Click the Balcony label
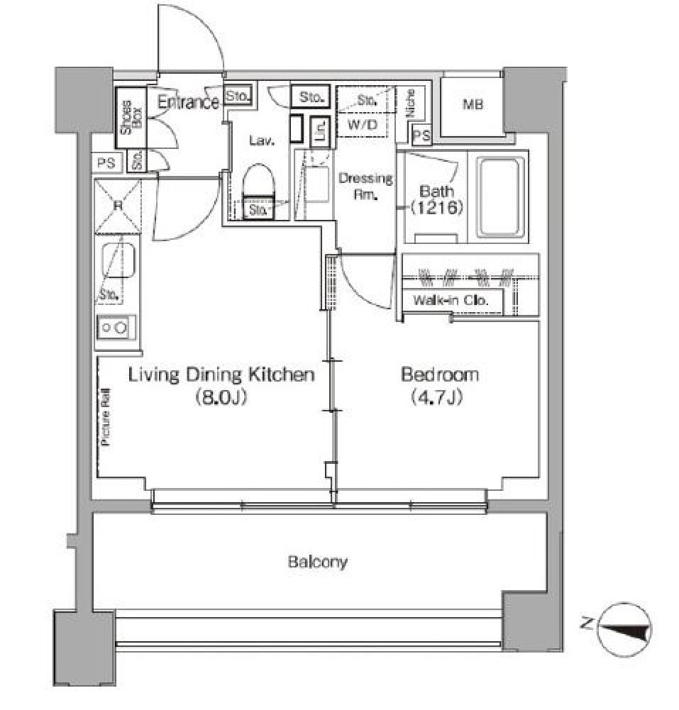pos(318,562)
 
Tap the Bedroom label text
pos(440,375)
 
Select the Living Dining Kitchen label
pos(221,375)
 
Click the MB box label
pos(473,104)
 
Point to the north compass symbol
pos(624,629)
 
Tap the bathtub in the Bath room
pos(501,197)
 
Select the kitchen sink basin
pos(118,260)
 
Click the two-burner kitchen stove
pos(116,328)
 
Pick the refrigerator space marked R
pos(118,206)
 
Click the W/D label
pos(363,125)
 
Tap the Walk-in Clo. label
pos(451,300)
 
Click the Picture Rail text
pos(106,417)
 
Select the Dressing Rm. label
pos(365,186)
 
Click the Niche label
pos(410,104)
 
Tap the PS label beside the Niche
pos(421,135)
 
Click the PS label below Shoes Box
pos(106,162)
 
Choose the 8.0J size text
pos(221,398)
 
